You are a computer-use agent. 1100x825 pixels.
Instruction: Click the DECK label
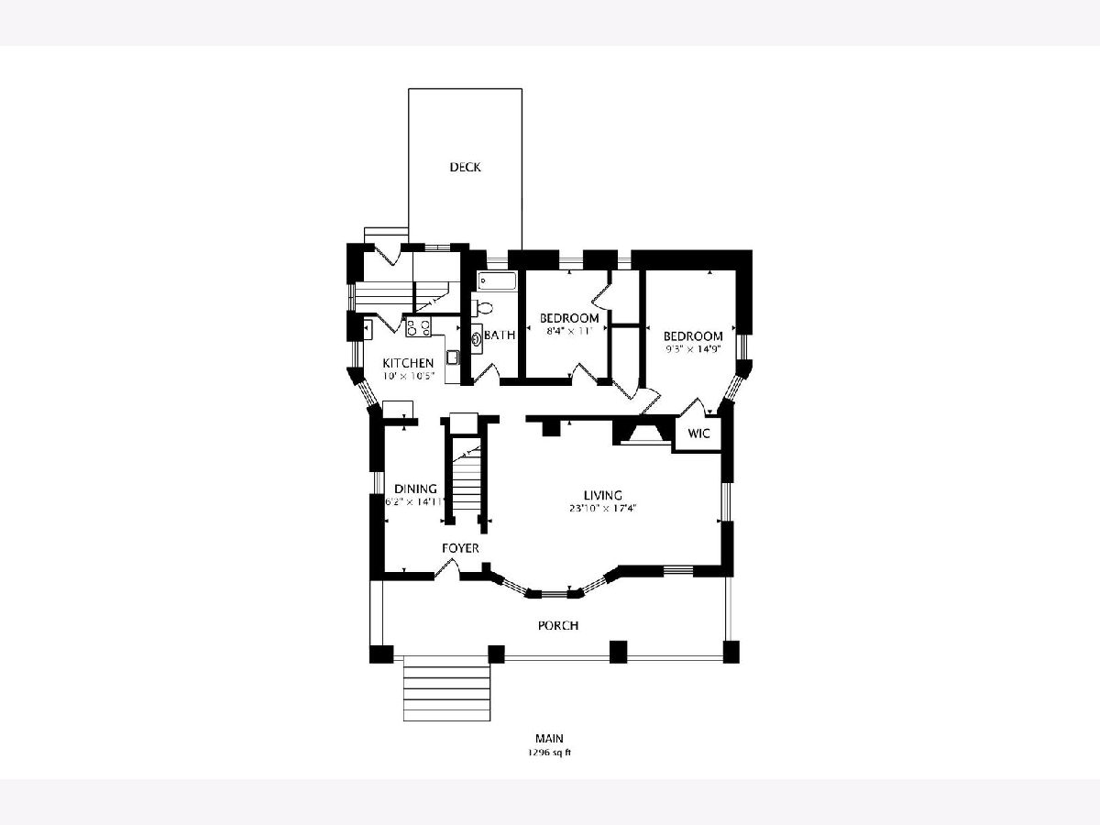tap(465, 168)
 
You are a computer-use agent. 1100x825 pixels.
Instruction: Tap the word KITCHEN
tap(408, 363)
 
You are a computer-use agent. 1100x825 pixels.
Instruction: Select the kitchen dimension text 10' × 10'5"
tap(407, 376)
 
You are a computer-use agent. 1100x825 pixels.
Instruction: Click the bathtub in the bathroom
tap(497, 281)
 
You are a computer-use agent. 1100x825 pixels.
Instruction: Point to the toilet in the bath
tap(481, 308)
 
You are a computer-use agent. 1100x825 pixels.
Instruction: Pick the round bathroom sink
tap(477, 339)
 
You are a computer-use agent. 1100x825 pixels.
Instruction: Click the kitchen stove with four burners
tap(418, 328)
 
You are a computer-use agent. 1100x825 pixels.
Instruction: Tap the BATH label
tap(500, 335)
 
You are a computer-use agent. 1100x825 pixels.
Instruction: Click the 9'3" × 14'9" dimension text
tap(693, 349)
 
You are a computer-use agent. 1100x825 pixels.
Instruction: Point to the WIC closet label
tap(698, 434)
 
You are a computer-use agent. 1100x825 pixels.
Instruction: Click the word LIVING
tap(603, 495)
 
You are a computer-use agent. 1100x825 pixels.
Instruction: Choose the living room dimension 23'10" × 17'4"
tap(603, 509)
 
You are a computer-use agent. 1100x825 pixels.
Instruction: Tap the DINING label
tap(415, 489)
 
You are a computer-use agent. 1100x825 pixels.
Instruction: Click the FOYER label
tap(460, 548)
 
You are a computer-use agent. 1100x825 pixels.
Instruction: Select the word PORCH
tap(558, 626)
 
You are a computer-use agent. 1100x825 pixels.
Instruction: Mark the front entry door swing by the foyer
tap(447, 567)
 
